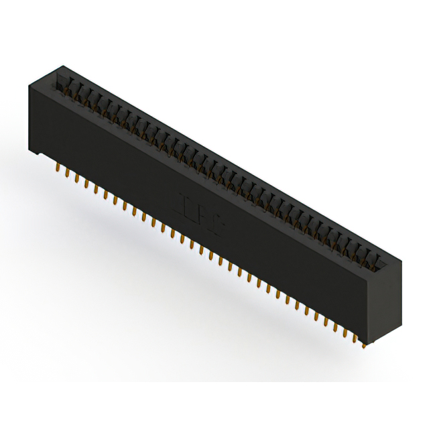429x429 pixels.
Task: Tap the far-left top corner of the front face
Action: (x=29, y=85)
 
